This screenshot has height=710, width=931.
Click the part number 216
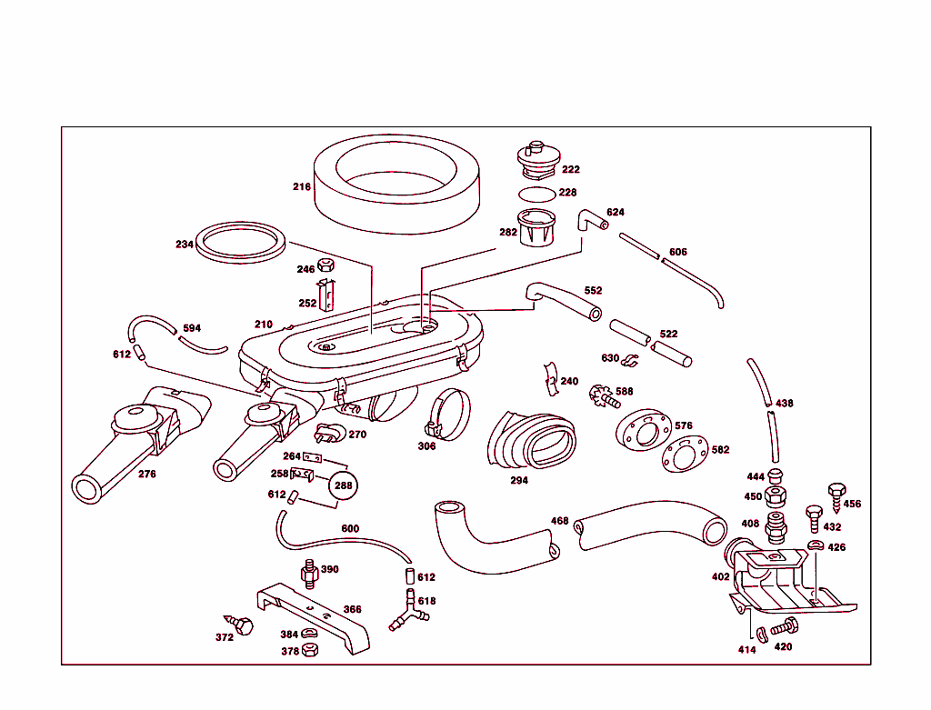click(301, 187)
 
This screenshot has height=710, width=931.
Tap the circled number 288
click(343, 485)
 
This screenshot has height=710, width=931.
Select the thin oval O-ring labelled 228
click(536, 194)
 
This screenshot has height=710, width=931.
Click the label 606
click(677, 252)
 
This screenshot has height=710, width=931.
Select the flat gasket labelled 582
click(683, 455)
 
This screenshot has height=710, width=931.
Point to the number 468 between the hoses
click(559, 521)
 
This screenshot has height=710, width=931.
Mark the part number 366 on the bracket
click(352, 610)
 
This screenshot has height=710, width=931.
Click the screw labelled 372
click(243, 625)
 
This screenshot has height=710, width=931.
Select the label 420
click(783, 647)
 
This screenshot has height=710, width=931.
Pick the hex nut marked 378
click(309, 650)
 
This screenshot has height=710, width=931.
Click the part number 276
click(146, 474)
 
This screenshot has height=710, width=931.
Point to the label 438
click(784, 403)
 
